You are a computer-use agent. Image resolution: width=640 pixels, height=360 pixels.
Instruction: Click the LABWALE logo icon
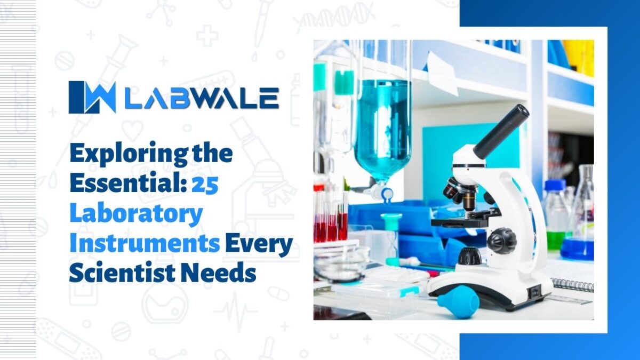(x=92, y=97)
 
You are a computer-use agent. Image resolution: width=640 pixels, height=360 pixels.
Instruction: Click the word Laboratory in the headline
(x=136, y=214)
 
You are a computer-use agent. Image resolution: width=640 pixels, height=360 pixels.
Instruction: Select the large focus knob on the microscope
(x=501, y=240)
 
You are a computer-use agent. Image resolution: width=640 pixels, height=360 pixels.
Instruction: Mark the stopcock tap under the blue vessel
(x=385, y=193)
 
